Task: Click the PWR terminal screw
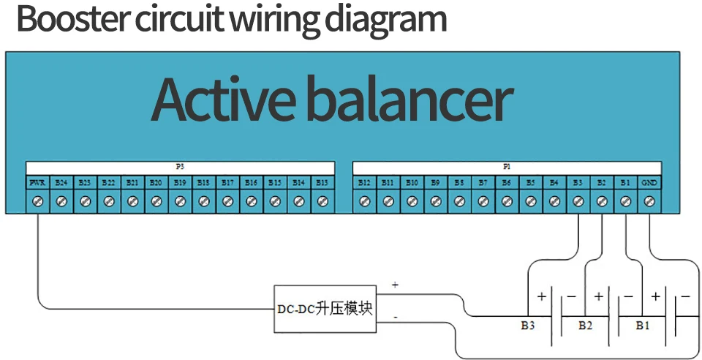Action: (x=37, y=200)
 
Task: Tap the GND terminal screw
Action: (x=649, y=200)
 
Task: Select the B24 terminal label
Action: (x=61, y=182)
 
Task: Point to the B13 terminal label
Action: (x=322, y=182)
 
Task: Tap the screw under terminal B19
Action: (x=180, y=200)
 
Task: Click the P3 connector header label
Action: (x=180, y=167)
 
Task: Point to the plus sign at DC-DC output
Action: (x=395, y=285)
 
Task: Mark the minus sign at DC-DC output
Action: (x=396, y=318)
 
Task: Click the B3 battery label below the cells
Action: (x=528, y=325)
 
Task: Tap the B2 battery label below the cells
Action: (x=585, y=325)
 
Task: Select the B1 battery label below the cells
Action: (x=642, y=325)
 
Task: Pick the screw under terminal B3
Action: (x=578, y=200)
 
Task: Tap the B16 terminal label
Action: (x=251, y=182)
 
